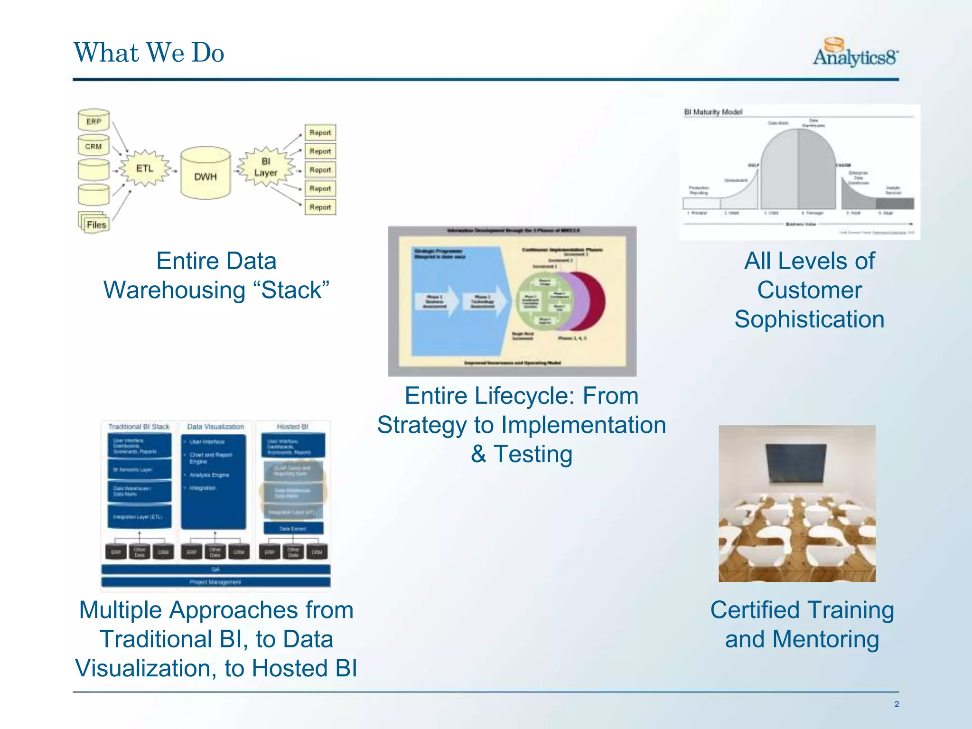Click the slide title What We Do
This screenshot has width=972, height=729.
pos(149,52)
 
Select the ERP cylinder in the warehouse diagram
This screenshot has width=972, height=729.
pos(93,121)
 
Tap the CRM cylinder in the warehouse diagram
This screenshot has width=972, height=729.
pos(93,146)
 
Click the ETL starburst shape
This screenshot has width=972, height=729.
pos(145,168)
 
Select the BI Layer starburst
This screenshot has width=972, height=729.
pos(265,167)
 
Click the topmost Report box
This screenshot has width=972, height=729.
pos(320,132)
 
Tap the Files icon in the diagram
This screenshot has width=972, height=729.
pos(95,223)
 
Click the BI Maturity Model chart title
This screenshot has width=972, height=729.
pos(713,112)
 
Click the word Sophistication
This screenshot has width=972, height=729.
pos(809,319)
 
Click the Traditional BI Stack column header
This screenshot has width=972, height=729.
pos(139,427)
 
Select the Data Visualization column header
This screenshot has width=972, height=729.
pos(215,427)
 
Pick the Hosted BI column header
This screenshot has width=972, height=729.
pos(292,427)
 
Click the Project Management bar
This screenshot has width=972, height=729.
pos(215,582)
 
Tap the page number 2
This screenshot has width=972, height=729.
pos(896,704)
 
